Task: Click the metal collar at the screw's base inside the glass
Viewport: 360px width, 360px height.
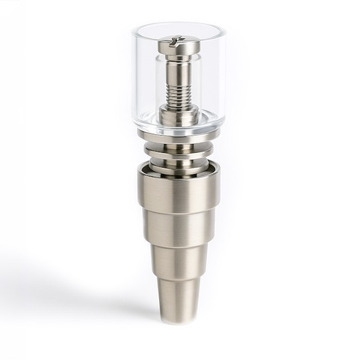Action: tap(180, 114)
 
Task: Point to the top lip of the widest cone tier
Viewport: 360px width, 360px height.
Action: tap(180, 171)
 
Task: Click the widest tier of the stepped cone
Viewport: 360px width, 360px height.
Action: tap(180, 191)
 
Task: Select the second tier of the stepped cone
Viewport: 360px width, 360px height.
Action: tap(180, 229)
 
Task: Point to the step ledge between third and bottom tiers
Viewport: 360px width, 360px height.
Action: tap(180, 278)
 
